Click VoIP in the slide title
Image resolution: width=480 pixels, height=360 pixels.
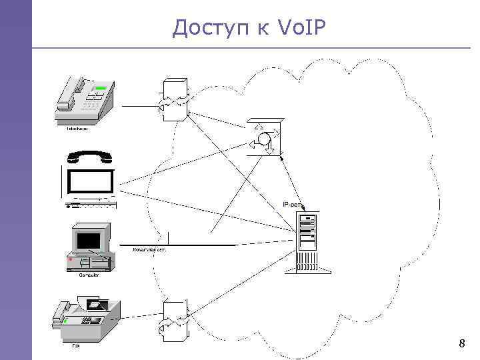point(299,27)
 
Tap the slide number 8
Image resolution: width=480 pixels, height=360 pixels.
point(461,344)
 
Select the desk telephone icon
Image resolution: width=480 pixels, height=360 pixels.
point(87,100)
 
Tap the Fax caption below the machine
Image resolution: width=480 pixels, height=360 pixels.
point(77,346)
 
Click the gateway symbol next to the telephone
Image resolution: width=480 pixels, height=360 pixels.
point(174,101)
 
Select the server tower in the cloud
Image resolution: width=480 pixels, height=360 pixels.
point(309,242)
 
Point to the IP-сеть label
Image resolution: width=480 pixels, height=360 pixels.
point(292,204)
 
